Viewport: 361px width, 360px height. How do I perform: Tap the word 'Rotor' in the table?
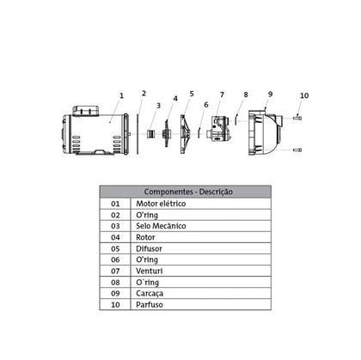click(x=147, y=236)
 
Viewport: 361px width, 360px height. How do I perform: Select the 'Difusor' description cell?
click(x=150, y=247)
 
